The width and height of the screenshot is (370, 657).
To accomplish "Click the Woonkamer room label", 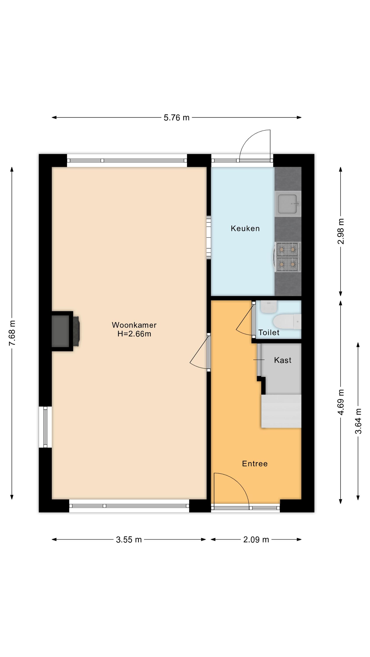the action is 134,325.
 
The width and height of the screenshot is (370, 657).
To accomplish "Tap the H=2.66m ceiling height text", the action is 134,334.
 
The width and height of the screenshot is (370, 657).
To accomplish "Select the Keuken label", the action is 245,228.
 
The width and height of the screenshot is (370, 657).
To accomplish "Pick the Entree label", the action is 255,463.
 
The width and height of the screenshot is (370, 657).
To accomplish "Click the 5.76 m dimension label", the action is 176,118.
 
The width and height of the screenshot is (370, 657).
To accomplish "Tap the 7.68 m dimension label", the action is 12,333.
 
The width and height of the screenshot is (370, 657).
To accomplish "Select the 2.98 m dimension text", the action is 341,231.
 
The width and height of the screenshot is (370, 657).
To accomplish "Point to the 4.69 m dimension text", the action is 341,402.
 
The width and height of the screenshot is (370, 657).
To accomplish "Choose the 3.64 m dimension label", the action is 358,421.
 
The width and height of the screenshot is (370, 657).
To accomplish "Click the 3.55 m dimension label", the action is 129,539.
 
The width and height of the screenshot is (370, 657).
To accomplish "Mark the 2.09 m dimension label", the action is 256,539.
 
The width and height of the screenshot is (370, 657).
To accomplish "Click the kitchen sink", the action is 288,204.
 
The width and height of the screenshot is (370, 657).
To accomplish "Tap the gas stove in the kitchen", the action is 288,257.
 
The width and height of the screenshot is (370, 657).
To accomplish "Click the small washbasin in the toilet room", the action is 269,307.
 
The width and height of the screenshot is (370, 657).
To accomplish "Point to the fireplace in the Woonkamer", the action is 65,331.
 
